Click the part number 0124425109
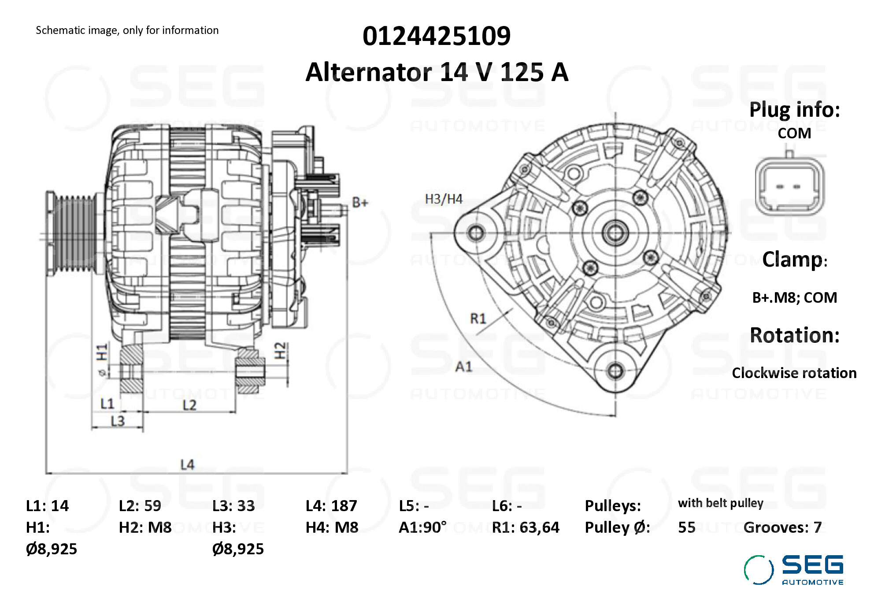pyautogui.click(x=437, y=36)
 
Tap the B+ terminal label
pyautogui.click(x=360, y=203)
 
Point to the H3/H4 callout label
pyautogui.click(x=444, y=199)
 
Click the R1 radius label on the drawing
pyautogui.click(x=478, y=318)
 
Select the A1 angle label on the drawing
pyautogui.click(x=463, y=366)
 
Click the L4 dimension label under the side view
pyautogui.click(x=187, y=464)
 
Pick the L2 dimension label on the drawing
pyautogui.click(x=189, y=405)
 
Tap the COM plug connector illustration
pyautogui.click(x=790, y=184)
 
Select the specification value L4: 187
pyautogui.click(x=331, y=506)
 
